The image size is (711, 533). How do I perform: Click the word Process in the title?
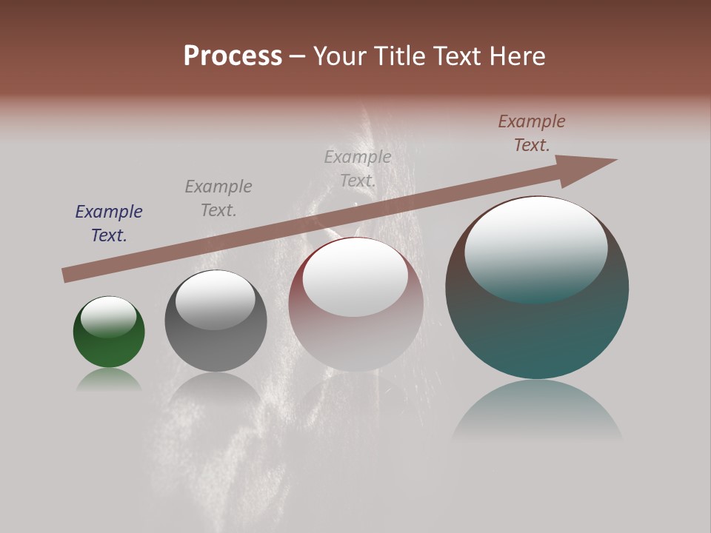click(x=233, y=56)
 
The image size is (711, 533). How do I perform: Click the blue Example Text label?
click(x=109, y=224)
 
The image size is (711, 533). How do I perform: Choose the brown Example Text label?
click(x=532, y=133)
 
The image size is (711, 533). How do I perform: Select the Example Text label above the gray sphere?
click(x=218, y=198)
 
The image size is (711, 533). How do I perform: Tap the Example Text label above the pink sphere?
click(x=358, y=169)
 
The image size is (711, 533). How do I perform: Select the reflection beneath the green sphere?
click(x=109, y=379)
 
